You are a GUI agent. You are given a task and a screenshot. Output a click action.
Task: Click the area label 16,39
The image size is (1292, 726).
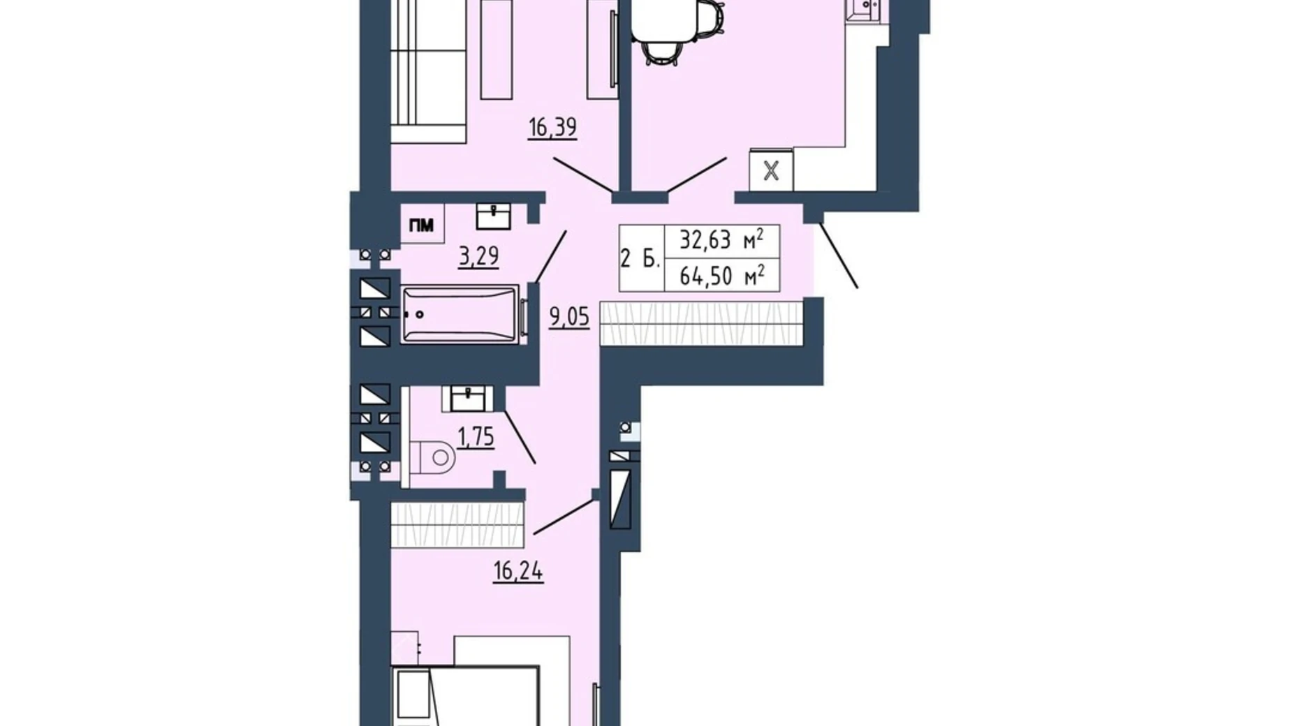pyautogui.click(x=552, y=128)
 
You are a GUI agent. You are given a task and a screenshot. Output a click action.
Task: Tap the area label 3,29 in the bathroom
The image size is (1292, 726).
pyautogui.click(x=478, y=256)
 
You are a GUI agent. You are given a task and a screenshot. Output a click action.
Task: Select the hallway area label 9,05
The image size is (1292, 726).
pyautogui.click(x=569, y=318)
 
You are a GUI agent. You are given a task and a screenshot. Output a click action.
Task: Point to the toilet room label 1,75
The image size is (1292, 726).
pyautogui.click(x=476, y=438)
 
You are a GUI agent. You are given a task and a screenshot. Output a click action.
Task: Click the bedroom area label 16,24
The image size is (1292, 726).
pyautogui.click(x=518, y=572)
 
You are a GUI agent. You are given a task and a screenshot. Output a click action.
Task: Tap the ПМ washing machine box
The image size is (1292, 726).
pyautogui.click(x=422, y=225)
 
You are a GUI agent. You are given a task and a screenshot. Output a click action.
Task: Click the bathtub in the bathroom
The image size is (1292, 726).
pyautogui.click(x=460, y=315)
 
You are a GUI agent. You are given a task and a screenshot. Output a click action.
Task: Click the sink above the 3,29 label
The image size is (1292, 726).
pyautogui.click(x=493, y=216)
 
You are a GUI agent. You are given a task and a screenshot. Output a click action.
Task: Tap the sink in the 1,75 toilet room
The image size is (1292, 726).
pyautogui.click(x=467, y=399)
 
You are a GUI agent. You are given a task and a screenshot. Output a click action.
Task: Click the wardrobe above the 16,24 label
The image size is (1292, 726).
pyautogui.click(x=457, y=525)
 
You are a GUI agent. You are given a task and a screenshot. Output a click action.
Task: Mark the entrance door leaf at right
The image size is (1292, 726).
pyautogui.click(x=838, y=255)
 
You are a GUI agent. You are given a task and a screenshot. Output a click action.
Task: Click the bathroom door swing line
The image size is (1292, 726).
pyautogui.click(x=550, y=257)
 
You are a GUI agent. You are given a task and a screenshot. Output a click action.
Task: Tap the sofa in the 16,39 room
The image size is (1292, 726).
pyautogui.click(x=427, y=70)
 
